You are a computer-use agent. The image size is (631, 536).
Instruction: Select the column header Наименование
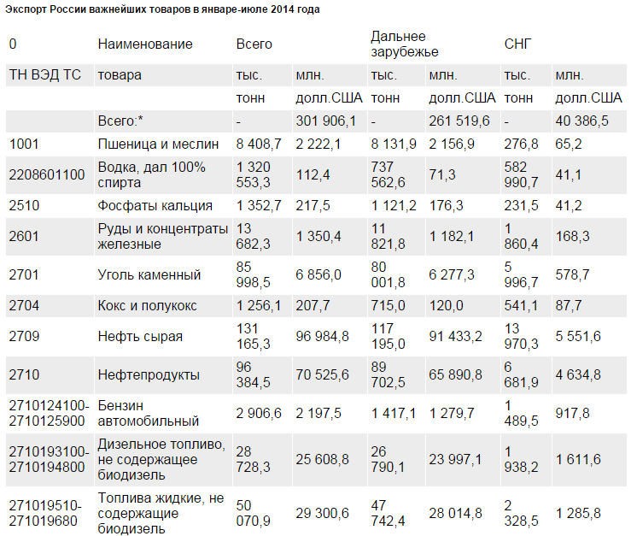pos(145,44)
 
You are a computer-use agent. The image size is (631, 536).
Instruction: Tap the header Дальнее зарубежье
pos(399,44)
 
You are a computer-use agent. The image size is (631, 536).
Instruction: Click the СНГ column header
pos(518,44)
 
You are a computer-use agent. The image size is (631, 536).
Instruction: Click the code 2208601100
pos(47,174)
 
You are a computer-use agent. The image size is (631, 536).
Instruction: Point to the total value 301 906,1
pos(325,121)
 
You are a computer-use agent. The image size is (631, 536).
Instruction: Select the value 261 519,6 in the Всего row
pos(459,121)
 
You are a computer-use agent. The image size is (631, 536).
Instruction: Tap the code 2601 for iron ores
pos(25,236)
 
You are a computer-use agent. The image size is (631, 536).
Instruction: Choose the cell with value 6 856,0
pos(318,274)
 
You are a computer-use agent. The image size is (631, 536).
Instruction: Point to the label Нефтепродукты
pos(149,374)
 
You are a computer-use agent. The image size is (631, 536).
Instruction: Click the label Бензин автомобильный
pos(137,413)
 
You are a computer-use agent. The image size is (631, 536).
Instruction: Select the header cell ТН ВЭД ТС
pos(44,74)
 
